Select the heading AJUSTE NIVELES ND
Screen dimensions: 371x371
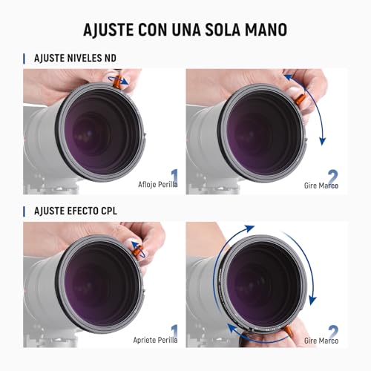pos(75,58)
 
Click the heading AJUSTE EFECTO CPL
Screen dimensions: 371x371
pos(76,211)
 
